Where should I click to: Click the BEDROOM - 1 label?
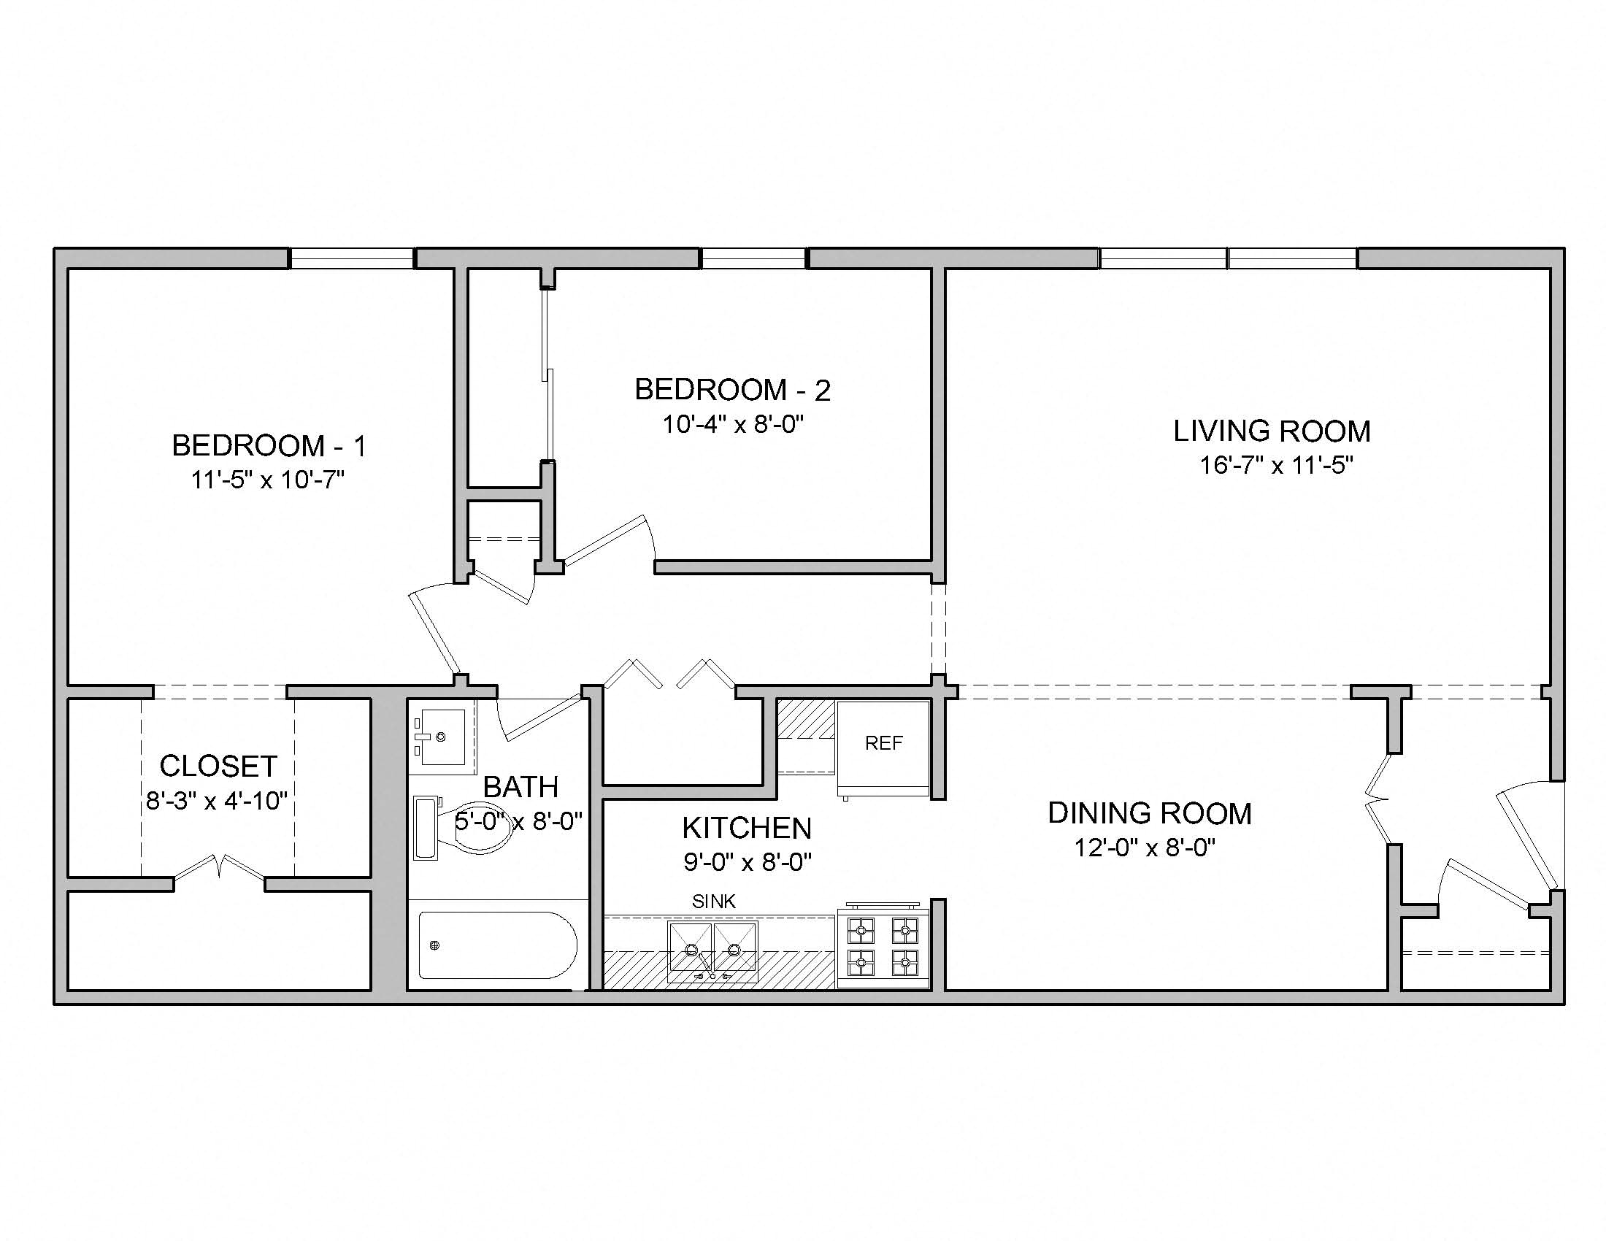269,445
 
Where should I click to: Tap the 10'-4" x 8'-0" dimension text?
732,424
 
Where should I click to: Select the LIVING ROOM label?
1272,431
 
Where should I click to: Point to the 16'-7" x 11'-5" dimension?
1277,466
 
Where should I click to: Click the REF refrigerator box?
883,744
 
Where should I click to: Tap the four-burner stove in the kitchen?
883,947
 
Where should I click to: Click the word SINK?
713,902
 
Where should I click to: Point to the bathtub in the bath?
497,945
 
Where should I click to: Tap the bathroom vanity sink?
440,736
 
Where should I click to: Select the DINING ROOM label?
1149,813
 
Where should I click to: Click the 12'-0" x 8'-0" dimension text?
1144,848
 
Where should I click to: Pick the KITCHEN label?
746,828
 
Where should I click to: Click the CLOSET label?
218,766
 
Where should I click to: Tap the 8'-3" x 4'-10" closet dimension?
217,800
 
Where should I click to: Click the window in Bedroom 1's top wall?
352,258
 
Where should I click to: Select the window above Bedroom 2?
754,258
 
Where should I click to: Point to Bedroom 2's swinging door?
607,542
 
